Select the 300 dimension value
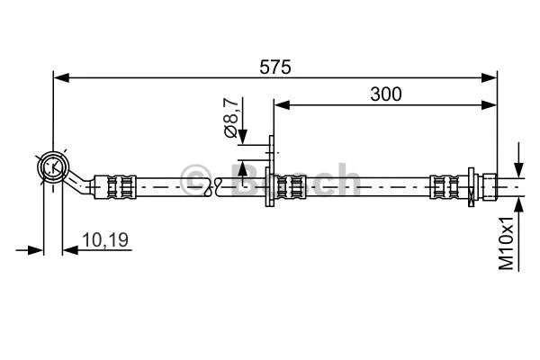pyautogui.click(x=384, y=93)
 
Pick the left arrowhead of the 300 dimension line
pyautogui.click(x=282, y=106)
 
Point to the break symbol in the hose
pyautogui.click(x=214, y=186)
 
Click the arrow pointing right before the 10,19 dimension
pyautogui.click(x=35, y=248)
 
